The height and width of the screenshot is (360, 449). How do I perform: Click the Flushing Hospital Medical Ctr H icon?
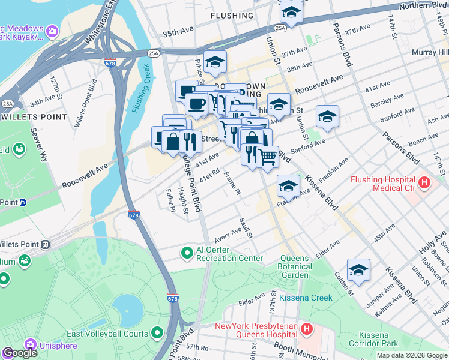pyautogui.click(x=424, y=182)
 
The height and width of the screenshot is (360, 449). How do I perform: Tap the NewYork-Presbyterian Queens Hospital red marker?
pyautogui.click(x=307, y=329)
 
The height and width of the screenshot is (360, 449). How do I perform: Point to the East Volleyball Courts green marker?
pyautogui.click(x=157, y=332)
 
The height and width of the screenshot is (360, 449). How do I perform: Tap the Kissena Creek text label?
pyautogui.click(x=305, y=298)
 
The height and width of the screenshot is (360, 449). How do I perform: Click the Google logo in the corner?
pyautogui.click(x=20, y=353)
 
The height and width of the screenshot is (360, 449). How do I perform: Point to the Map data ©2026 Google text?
pyautogui.click(x=411, y=355)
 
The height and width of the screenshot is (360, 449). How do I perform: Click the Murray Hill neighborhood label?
pyautogui.click(x=430, y=53)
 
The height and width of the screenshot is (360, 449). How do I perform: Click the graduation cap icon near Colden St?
pyautogui.click(x=358, y=270)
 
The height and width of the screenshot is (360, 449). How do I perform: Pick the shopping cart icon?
pyautogui.click(x=268, y=157)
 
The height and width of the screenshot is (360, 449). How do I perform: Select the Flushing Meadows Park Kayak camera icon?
pyautogui.click(x=52, y=30)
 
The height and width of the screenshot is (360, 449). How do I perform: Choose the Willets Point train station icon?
pyautogui.click(x=44, y=244)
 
